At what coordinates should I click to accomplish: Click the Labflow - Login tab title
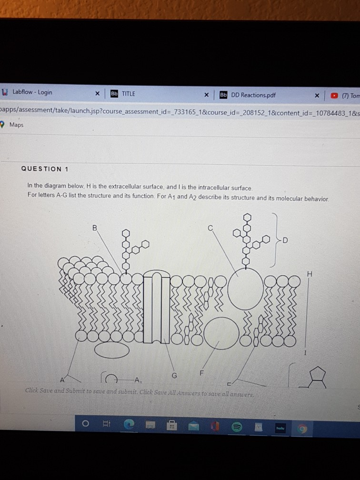click(x=32, y=92)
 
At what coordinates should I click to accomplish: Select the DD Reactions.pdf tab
click(x=253, y=95)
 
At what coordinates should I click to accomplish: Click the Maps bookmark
click(x=16, y=125)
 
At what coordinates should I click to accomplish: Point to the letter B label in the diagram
click(x=95, y=228)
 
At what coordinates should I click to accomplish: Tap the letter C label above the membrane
click(x=210, y=228)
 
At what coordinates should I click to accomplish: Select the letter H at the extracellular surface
click(x=310, y=274)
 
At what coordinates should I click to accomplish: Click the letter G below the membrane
click(x=174, y=375)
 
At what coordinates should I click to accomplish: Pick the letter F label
click(x=201, y=373)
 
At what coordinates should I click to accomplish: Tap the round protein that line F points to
click(x=220, y=332)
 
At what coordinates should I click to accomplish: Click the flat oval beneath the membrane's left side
click(x=111, y=350)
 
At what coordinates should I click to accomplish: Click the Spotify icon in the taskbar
click(x=236, y=425)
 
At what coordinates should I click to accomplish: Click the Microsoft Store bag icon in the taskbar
click(x=172, y=425)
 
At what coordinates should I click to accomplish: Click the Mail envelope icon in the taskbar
click(x=194, y=425)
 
